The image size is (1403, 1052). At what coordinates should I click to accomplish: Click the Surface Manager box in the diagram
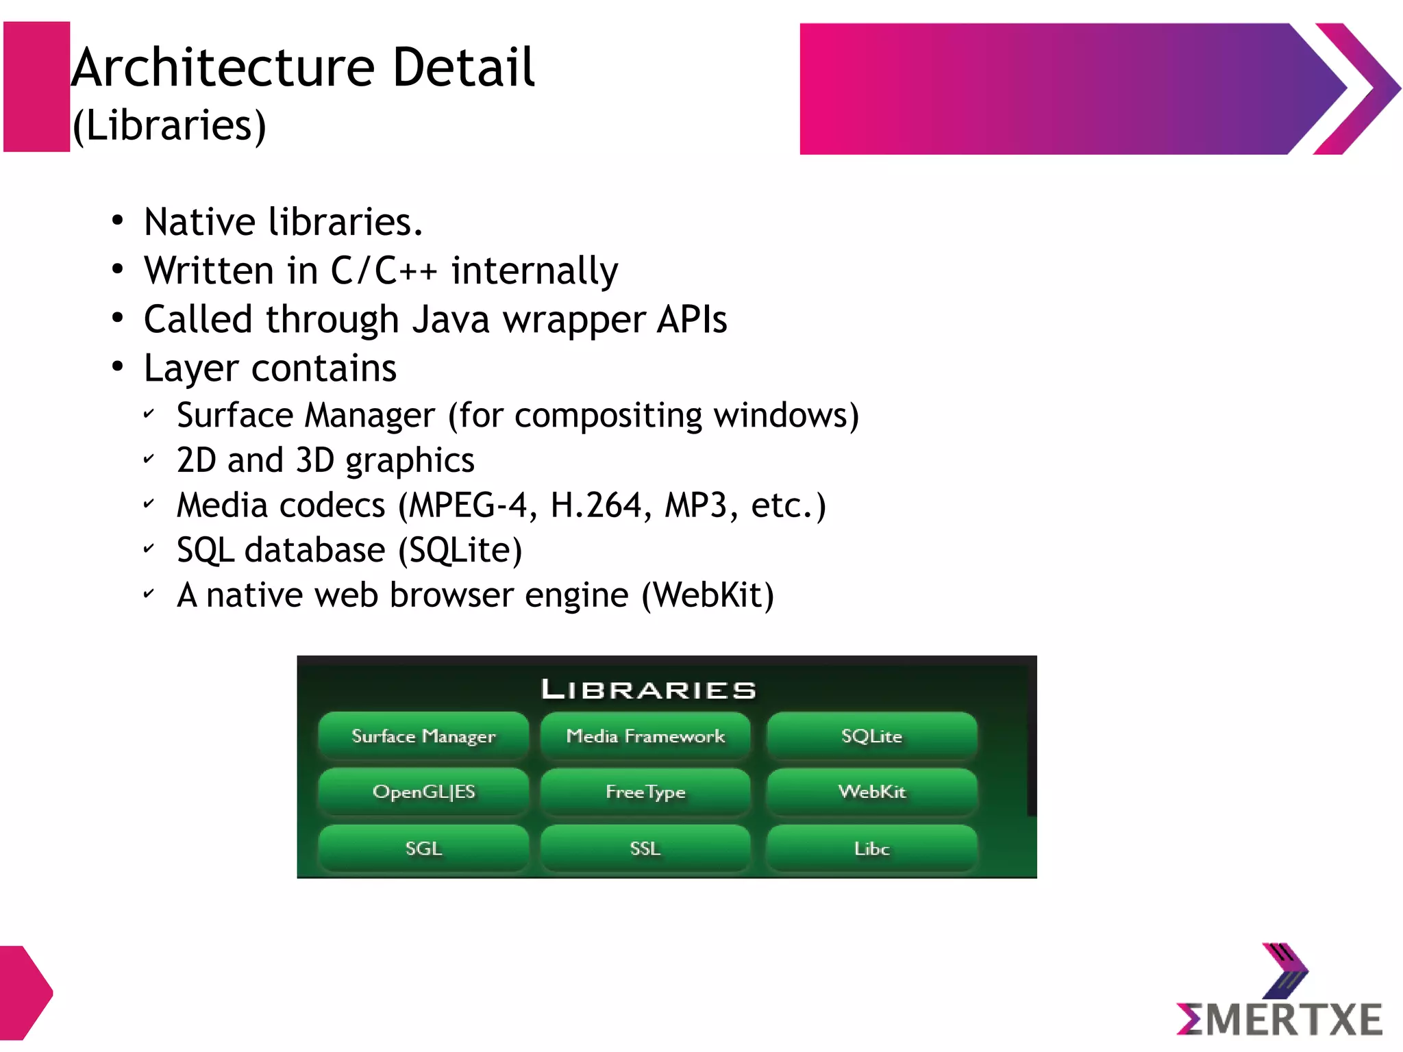pyautogui.click(x=423, y=736)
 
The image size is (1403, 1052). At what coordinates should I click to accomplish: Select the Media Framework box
pyautogui.click(x=645, y=736)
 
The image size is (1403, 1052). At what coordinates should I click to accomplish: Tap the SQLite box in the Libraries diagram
pyautogui.click(x=871, y=736)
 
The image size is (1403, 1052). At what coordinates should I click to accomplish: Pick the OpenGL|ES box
pyautogui.click(x=423, y=792)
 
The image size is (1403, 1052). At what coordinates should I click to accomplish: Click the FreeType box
pyautogui.click(x=645, y=792)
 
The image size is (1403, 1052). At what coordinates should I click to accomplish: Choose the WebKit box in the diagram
pyautogui.click(x=871, y=792)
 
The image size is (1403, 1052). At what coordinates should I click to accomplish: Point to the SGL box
pyautogui.click(x=423, y=849)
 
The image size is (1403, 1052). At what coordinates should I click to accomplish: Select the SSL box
pyautogui.click(x=645, y=849)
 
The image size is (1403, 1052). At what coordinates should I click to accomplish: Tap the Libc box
pyautogui.click(x=871, y=849)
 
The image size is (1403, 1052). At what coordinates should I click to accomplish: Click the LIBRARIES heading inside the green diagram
pyautogui.click(x=649, y=689)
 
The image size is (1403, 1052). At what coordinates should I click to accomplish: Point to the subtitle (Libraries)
pyautogui.click(x=169, y=125)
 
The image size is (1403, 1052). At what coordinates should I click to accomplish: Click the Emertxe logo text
pyautogui.click(x=1280, y=1018)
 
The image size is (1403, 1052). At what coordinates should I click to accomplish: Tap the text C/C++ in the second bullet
pyautogui.click(x=384, y=270)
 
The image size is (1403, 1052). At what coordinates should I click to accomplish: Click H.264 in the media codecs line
pyautogui.click(x=596, y=505)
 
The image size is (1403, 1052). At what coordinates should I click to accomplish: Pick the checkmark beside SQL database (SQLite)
pyautogui.click(x=149, y=549)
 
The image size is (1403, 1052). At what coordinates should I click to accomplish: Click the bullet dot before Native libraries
pyautogui.click(x=118, y=221)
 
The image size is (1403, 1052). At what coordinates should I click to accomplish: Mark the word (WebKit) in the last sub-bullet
pyautogui.click(x=708, y=594)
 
